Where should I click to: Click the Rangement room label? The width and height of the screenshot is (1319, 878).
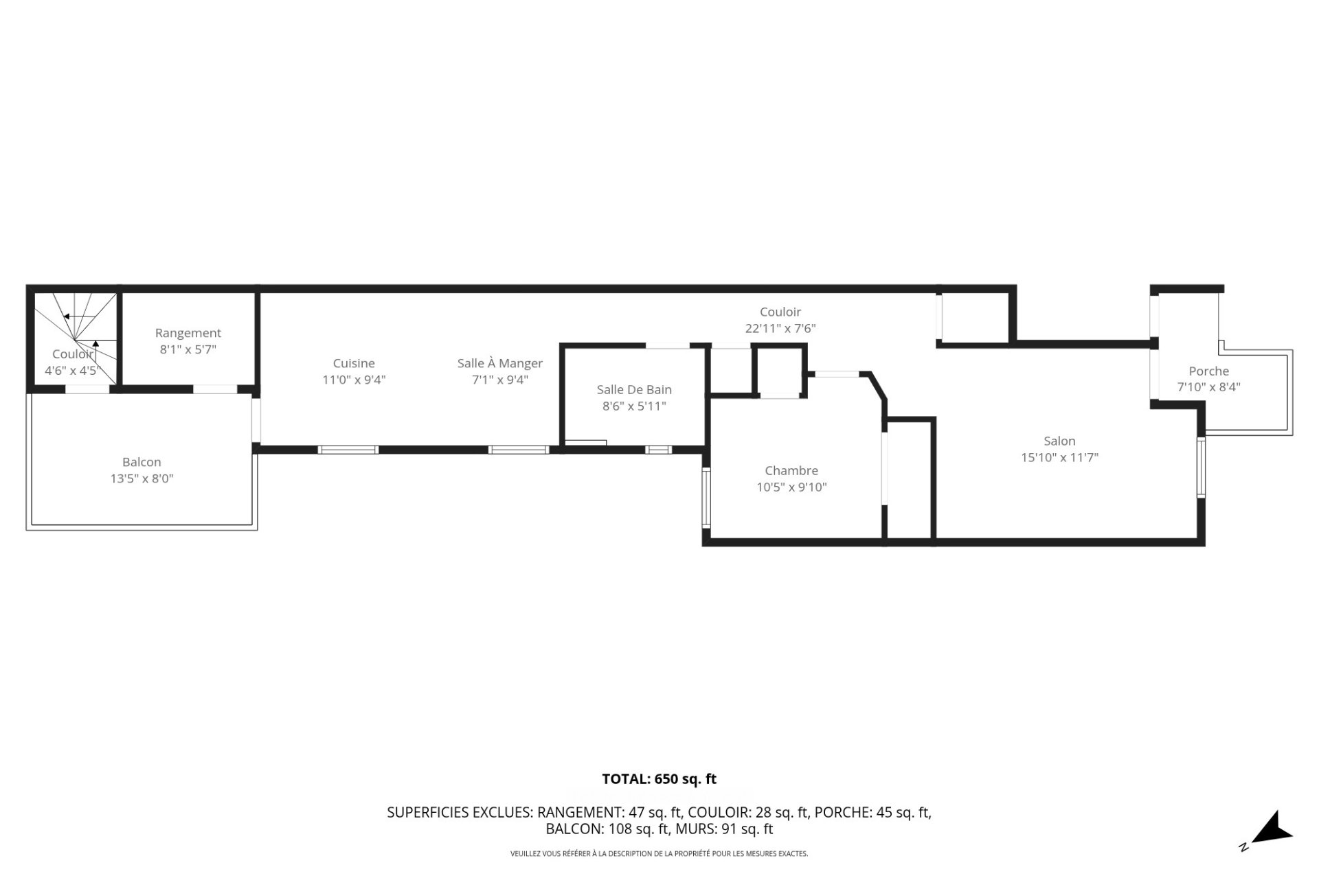click(x=188, y=333)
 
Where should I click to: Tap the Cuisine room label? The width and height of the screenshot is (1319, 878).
click(x=354, y=363)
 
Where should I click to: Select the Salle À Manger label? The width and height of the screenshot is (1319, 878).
click(x=500, y=363)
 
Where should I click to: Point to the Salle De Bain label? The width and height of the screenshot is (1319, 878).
click(x=634, y=389)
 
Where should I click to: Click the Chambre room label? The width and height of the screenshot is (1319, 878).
click(x=791, y=470)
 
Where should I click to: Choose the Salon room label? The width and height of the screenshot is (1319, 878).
click(x=1059, y=441)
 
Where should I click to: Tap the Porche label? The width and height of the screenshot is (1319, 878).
click(x=1208, y=371)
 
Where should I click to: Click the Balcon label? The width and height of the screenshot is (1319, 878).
click(x=142, y=462)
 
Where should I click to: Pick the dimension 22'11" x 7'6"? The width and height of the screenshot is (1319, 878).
click(x=780, y=328)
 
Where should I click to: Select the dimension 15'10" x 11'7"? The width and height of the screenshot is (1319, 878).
click(x=1059, y=457)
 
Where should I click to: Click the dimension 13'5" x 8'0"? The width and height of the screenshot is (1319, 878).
click(x=142, y=478)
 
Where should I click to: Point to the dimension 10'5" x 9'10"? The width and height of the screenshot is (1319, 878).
click(x=791, y=487)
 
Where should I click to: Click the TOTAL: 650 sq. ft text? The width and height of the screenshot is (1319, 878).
click(x=659, y=779)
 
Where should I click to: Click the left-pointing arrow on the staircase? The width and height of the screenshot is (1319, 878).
click(x=67, y=316)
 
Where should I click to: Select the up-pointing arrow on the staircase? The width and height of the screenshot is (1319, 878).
click(x=96, y=343)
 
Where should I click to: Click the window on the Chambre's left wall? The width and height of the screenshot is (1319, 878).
click(x=706, y=498)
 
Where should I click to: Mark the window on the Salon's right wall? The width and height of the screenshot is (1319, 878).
click(x=1201, y=467)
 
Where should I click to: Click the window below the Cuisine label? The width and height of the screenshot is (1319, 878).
click(x=348, y=450)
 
